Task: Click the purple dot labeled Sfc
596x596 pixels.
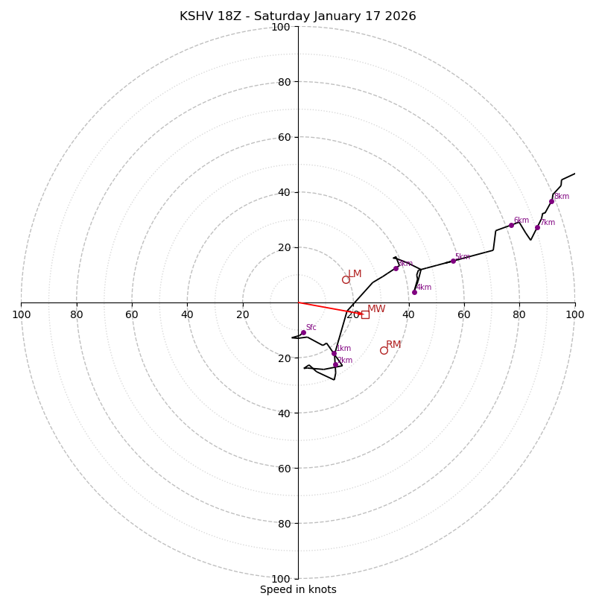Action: pyautogui.click(x=303, y=332)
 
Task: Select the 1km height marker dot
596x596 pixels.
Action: pyautogui.click(x=334, y=353)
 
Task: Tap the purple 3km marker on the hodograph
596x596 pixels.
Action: pyautogui.click(x=396, y=268)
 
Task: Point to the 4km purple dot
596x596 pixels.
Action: pyautogui.click(x=414, y=292)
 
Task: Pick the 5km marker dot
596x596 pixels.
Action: pyautogui.click(x=453, y=261)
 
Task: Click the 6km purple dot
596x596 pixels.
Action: pyautogui.click(x=511, y=225)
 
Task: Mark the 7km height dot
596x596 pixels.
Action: pyautogui.click(x=537, y=227)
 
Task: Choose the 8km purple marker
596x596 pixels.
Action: pyautogui.click(x=551, y=201)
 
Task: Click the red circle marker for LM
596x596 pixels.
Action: pyautogui.click(x=346, y=279)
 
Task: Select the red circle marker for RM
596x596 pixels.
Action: pyautogui.click(x=384, y=350)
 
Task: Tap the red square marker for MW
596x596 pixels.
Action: pyautogui.click(x=365, y=314)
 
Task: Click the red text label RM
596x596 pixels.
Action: pyautogui.click(x=393, y=344)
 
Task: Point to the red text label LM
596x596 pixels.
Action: pyautogui.click(x=355, y=274)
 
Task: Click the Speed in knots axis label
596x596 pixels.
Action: pyautogui.click(x=298, y=589)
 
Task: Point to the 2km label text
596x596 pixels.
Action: pyautogui.click(x=345, y=361)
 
